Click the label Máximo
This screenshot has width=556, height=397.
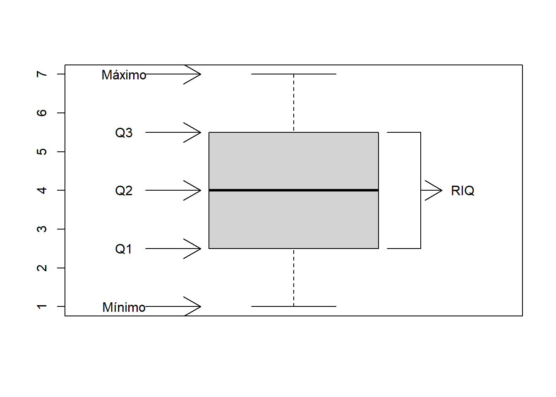pos(124,75)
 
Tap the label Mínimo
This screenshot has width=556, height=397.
pos(124,307)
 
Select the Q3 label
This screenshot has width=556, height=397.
pos(124,133)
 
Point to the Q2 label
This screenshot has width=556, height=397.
pos(124,191)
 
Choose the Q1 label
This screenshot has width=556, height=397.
pos(123,249)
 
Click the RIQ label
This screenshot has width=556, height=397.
pos(463,191)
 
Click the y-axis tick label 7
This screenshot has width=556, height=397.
pos(42,74)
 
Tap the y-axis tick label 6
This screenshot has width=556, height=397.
pos(42,113)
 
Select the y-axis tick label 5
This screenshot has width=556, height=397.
pos(42,152)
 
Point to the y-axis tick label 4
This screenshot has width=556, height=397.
pos(42,190)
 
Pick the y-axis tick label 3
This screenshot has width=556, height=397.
pos(42,229)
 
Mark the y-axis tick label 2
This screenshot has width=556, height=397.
pos(42,268)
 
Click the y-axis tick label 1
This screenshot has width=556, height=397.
pos(42,306)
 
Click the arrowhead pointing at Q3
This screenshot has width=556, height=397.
pos(194,132)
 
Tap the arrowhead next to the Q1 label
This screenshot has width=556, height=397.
pos(194,249)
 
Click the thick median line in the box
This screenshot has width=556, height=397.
pos(294,190)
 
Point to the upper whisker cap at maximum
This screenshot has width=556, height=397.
pos(294,74)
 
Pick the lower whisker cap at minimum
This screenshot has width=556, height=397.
pos(294,306)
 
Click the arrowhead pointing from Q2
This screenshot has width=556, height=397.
pos(194,190)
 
